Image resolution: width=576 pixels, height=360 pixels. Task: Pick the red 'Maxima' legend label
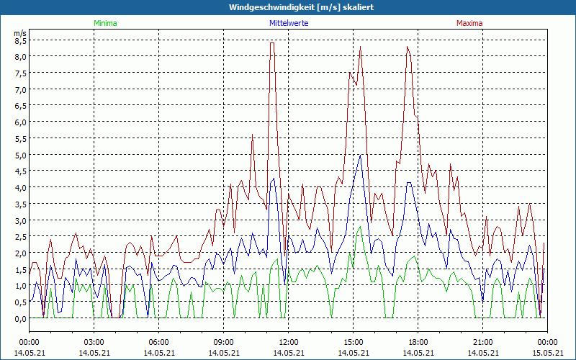pos(470,23)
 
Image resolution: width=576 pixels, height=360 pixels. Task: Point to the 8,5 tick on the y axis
pos(20,41)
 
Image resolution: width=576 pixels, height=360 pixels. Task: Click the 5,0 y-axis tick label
pos(20,155)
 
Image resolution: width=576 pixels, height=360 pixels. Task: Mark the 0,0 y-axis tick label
pos(20,318)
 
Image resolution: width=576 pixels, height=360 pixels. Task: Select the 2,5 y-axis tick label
pos(20,237)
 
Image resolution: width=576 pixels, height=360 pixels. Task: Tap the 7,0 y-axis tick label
pos(20,90)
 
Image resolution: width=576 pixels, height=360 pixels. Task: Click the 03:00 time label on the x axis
pos(94,342)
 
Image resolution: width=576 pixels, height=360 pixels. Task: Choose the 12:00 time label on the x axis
pos(289,342)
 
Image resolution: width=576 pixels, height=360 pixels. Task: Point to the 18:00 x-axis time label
pos(418,342)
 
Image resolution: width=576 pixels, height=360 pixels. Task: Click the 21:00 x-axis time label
pos(483,342)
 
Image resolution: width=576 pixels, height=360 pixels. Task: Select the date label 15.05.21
pos(547,353)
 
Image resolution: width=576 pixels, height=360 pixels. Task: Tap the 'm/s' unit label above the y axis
pos(20,33)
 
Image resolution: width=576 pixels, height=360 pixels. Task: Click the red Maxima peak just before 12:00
pos(272,43)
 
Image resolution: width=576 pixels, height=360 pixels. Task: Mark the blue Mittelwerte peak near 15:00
pos(360,155)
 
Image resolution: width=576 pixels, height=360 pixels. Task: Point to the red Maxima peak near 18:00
pos(408,48)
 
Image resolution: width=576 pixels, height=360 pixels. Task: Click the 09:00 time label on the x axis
pos(224,342)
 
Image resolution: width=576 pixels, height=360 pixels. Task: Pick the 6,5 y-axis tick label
pos(20,106)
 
